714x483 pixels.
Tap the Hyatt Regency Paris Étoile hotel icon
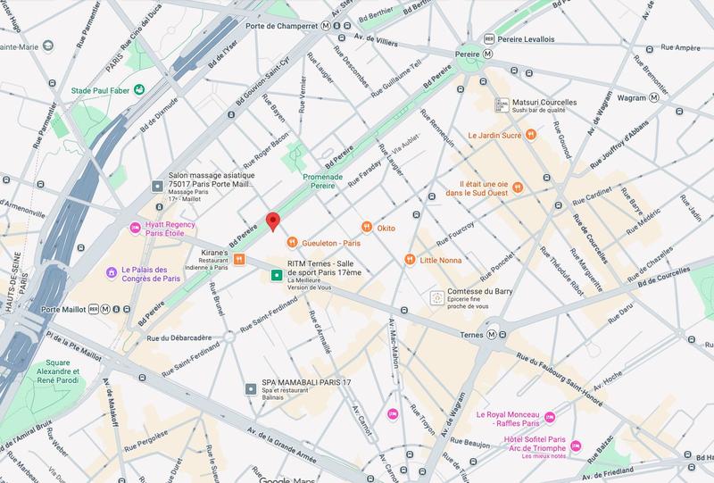tap(137, 228)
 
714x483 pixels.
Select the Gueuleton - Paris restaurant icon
tap(292, 242)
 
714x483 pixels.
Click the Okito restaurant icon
tap(366, 227)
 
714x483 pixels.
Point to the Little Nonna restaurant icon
tap(410, 259)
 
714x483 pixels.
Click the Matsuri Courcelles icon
tap(502, 104)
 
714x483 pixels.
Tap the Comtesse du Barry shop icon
tap(436, 297)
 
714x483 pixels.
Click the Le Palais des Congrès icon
tap(111, 271)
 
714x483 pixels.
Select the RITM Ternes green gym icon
tap(277, 275)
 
